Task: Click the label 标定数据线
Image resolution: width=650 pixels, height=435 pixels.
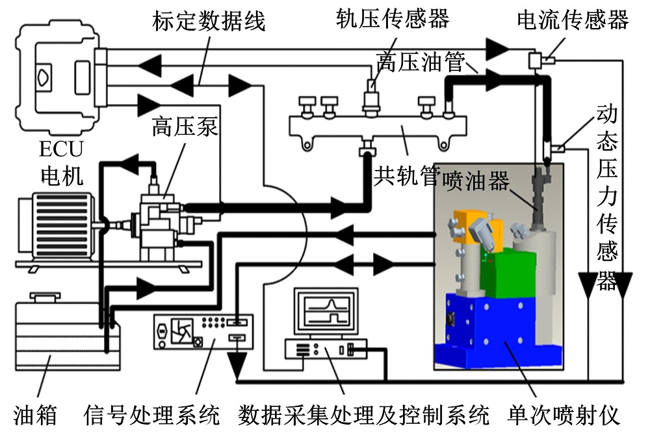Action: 209,20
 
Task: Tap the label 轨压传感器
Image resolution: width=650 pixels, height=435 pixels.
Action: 393,19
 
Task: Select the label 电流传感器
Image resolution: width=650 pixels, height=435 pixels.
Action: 573,20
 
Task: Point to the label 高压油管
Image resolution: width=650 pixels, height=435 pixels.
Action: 420,62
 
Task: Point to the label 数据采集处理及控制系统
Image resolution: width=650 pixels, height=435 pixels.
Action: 364,414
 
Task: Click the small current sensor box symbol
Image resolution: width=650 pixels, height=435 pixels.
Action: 536,61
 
